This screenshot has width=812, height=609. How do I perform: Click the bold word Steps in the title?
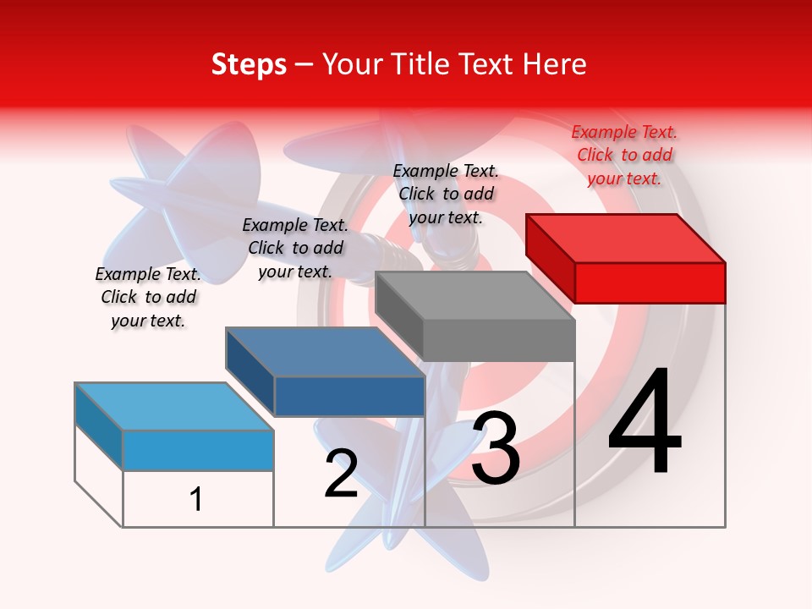click(x=249, y=64)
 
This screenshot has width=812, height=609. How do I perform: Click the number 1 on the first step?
click(x=196, y=499)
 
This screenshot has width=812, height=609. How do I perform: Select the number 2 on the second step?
click(x=341, y=474)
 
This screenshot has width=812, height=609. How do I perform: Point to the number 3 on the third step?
click(x=496, y=448)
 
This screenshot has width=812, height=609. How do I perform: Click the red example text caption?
click(x=624, y=155)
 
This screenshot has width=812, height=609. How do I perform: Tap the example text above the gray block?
click(x=446, y=194)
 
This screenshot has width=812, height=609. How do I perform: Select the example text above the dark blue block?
click(x=295, y=248)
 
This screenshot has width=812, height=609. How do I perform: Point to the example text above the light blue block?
click(x=148, y=297)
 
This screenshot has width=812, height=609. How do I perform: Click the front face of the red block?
click(x=650, y=283)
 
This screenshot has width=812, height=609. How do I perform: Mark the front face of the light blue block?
click(x=198, y=450)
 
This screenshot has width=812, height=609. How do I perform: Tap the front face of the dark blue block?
click(x=349, y=396)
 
